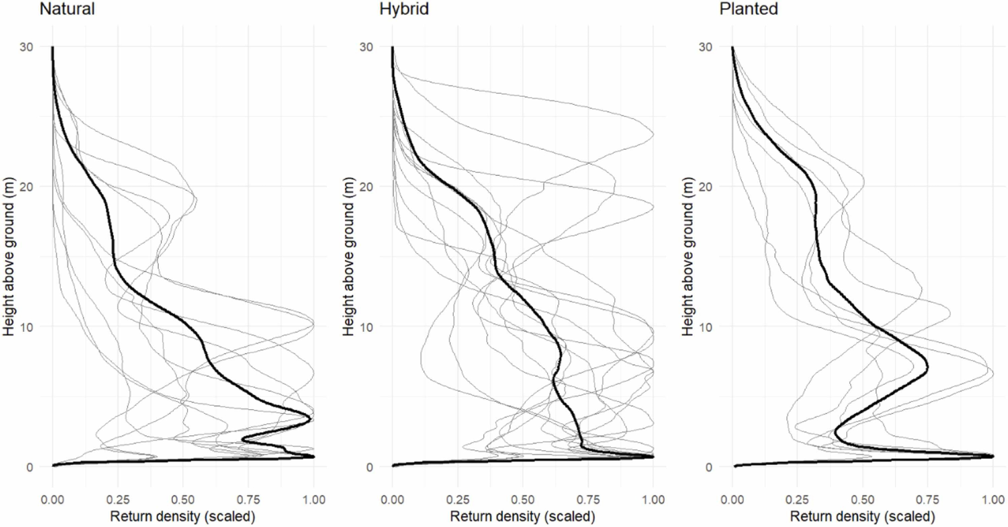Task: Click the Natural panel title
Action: (x=67, y=9)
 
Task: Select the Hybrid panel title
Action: (x=404, y=9)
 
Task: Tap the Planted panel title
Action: (x=748, y=9)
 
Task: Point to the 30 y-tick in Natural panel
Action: (x=26, y=47)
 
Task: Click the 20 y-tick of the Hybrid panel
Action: (x=366, y=187)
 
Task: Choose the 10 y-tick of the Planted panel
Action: (x=706, y=327)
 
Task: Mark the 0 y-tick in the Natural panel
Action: (x=30, y=467)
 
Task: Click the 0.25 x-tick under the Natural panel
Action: (x=117, y=500)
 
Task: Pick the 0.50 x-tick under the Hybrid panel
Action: (x=523, y=500)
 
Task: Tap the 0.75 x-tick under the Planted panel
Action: (x=928, y=500)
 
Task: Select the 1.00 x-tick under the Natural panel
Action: (x=313, y=500)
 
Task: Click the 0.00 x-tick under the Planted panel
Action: (x=732, y=500)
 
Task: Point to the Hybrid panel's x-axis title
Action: (x=522, y=516)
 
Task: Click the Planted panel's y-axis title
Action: (x=688, y=256)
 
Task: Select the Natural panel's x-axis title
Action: (x=182, y=516)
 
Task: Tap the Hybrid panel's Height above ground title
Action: (x=348, y=256)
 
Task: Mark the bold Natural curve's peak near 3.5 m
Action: (x=310, y=418)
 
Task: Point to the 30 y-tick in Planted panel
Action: (x=706, y=47)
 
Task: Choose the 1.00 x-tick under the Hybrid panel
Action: (x=653, y=500)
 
